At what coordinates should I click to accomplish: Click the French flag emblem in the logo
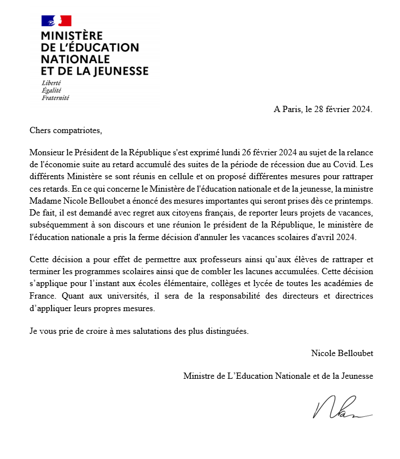(56, 21)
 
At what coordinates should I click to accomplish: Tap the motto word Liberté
(51, 83)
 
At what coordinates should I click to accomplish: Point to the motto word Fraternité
(55, 98)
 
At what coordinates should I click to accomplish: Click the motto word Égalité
(51, 90)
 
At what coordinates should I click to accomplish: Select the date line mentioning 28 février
(323, 109)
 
